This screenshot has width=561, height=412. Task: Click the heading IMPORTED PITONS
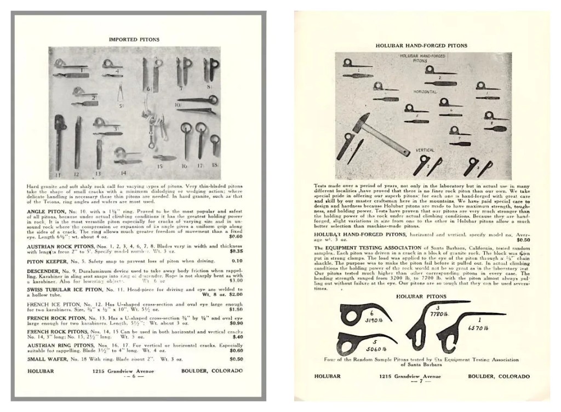pos(134,39)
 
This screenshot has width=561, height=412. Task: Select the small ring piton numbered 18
pos(215,145)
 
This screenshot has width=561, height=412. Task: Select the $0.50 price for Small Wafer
pos(237,359)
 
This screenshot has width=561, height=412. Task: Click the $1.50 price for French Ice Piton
pos(237,308)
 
